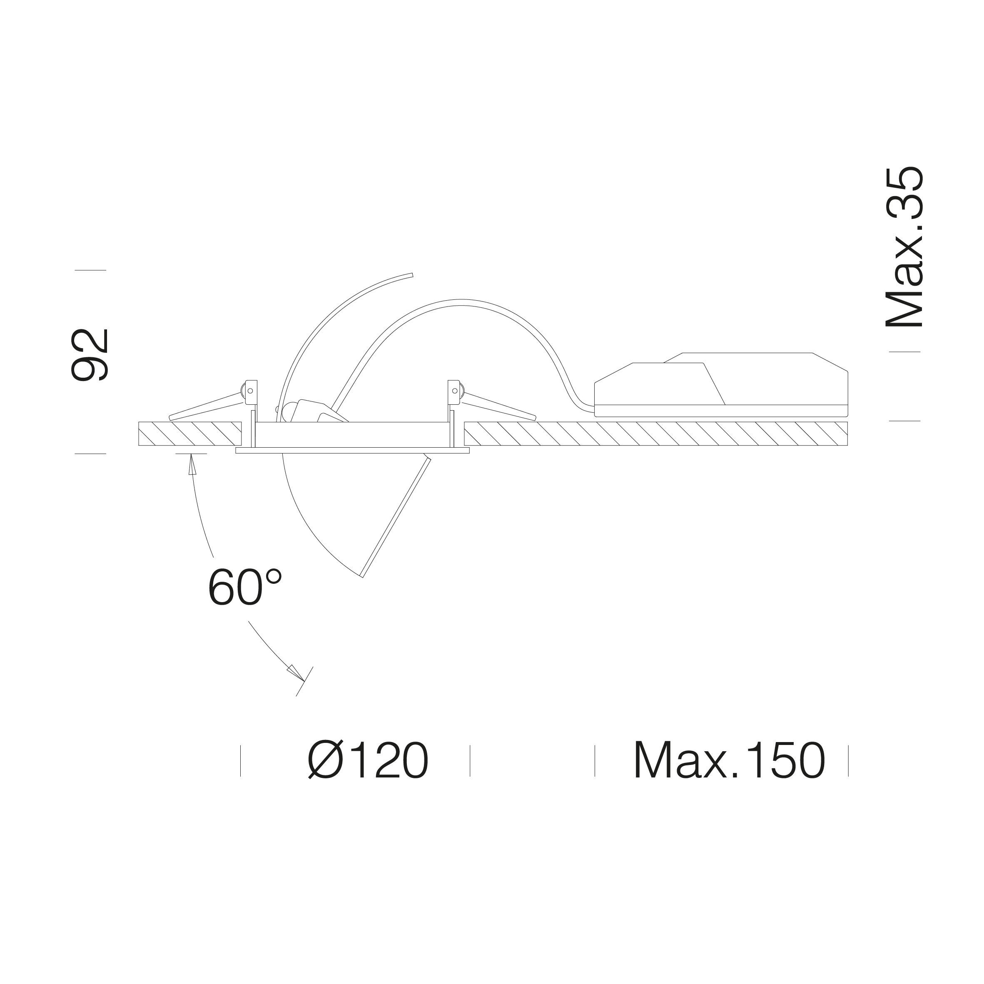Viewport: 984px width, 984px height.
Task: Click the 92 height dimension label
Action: pos(90,355)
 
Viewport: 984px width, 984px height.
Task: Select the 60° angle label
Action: pos(245,587)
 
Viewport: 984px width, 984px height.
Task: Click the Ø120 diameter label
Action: pos(368,760)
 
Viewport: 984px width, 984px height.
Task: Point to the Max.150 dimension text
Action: pos(729,760)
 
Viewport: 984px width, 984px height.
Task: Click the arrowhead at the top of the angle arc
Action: pos(192,464)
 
